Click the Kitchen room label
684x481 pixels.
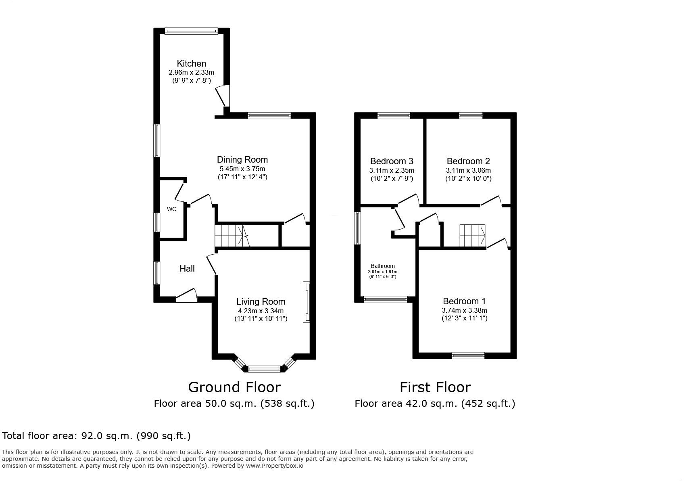tap(191, 63)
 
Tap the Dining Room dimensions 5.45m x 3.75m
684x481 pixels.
tap(242, 169)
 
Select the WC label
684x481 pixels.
tap(171, 209)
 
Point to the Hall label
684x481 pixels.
tap(187, 268)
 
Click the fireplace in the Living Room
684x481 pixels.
tap(307, 301)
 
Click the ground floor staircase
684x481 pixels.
tap(231, 235)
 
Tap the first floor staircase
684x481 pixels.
tap(472, 236)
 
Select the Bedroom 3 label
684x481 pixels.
tap(391, 161)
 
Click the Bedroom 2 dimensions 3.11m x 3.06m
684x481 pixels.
tap(468, 170)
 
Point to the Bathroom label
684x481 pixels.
tap(383, 266)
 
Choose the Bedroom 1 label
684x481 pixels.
tap(464, 301)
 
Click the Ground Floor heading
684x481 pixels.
tap(234, 387)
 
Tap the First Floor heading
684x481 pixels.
tap(435, 387)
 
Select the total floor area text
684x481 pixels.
tap(96, 436)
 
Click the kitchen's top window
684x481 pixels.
tap(191, 31)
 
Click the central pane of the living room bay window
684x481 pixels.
tap(264, 368)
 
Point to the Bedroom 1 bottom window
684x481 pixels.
tap(468, 356)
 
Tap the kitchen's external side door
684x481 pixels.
tap(224, 96)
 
